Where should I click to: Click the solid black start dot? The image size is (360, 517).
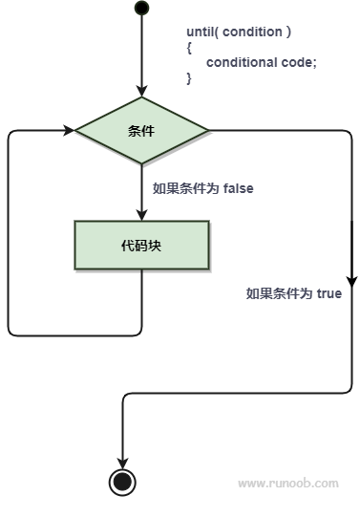click(x=141, y=9)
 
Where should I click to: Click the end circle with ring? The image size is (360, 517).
click(x=122, y=482)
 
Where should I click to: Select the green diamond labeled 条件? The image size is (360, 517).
click(x=141, y=130)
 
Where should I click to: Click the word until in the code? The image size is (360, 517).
click(x=201, y=32)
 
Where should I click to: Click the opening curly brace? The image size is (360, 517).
click(x=190, y=47)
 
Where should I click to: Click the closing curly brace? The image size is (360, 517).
click(x=190, y=77)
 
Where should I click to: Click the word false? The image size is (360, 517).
click(x=238, y=188)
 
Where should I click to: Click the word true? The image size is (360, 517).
click(x=328, y=294)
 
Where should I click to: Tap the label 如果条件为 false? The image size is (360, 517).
click(x=202, y=188)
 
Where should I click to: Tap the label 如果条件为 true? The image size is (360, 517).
click(x=294, y=294)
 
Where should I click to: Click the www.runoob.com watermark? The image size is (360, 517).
click(x=287, y=484)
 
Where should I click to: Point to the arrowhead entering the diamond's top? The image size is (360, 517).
click(x=141, y=92)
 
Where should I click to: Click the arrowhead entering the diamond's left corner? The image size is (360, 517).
click(x=70, y=130)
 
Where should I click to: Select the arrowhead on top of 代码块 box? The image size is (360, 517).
click(x=141, y=216)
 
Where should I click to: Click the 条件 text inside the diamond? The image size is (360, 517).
click(x=141, y=130)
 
